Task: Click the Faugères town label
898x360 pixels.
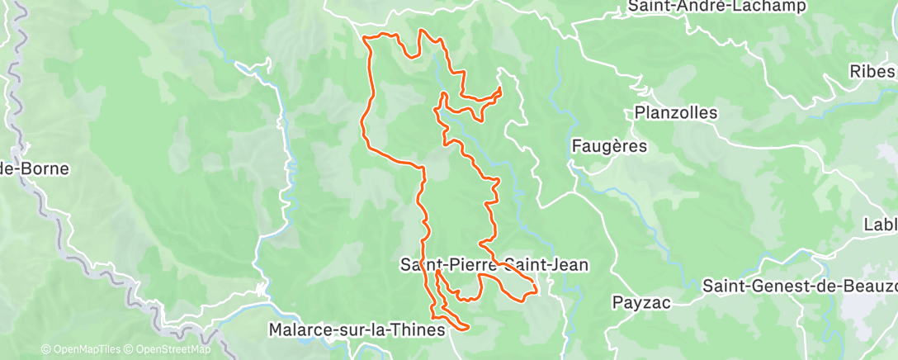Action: point(609,146)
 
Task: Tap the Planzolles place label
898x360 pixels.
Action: point(676,112)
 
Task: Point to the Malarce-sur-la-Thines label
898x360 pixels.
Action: point(357,329)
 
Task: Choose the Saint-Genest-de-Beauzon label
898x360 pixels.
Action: point(799,286)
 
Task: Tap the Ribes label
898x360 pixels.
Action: point(872,72)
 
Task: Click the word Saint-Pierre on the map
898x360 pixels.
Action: point(447,265)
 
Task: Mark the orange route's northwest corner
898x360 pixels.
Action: point(367,37)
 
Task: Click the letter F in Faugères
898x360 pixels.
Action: point(576,146)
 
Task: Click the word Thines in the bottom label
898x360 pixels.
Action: point(420,329)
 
